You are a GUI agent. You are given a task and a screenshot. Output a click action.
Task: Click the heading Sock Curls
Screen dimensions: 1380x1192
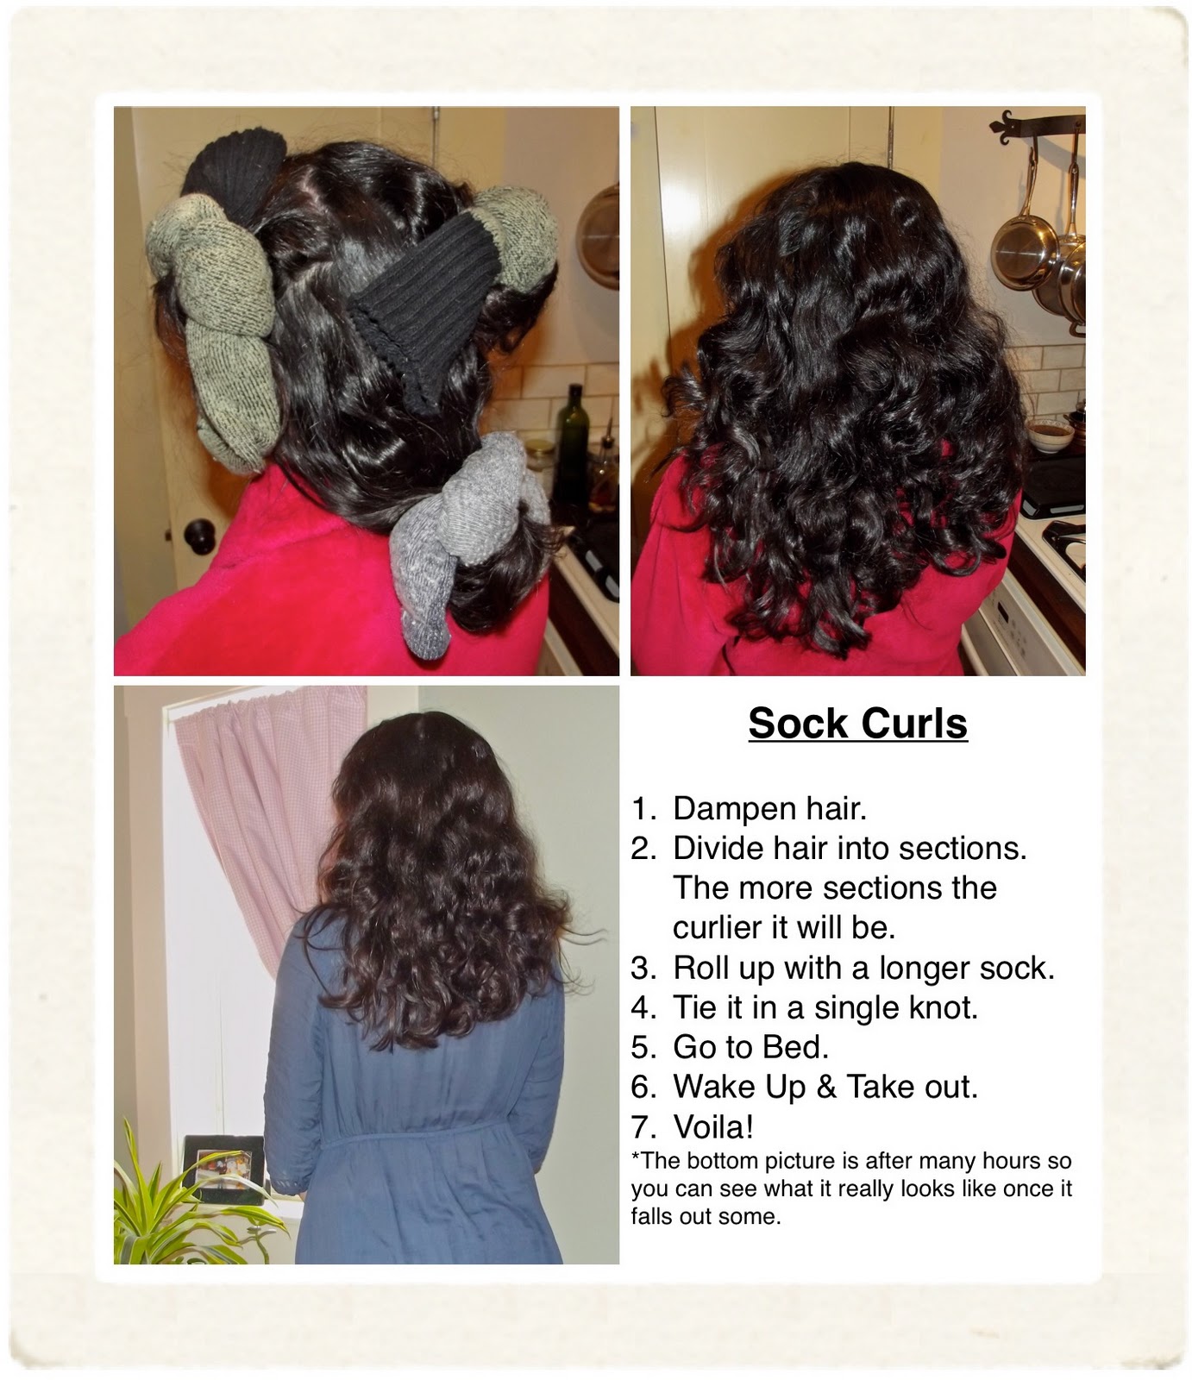857,723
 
